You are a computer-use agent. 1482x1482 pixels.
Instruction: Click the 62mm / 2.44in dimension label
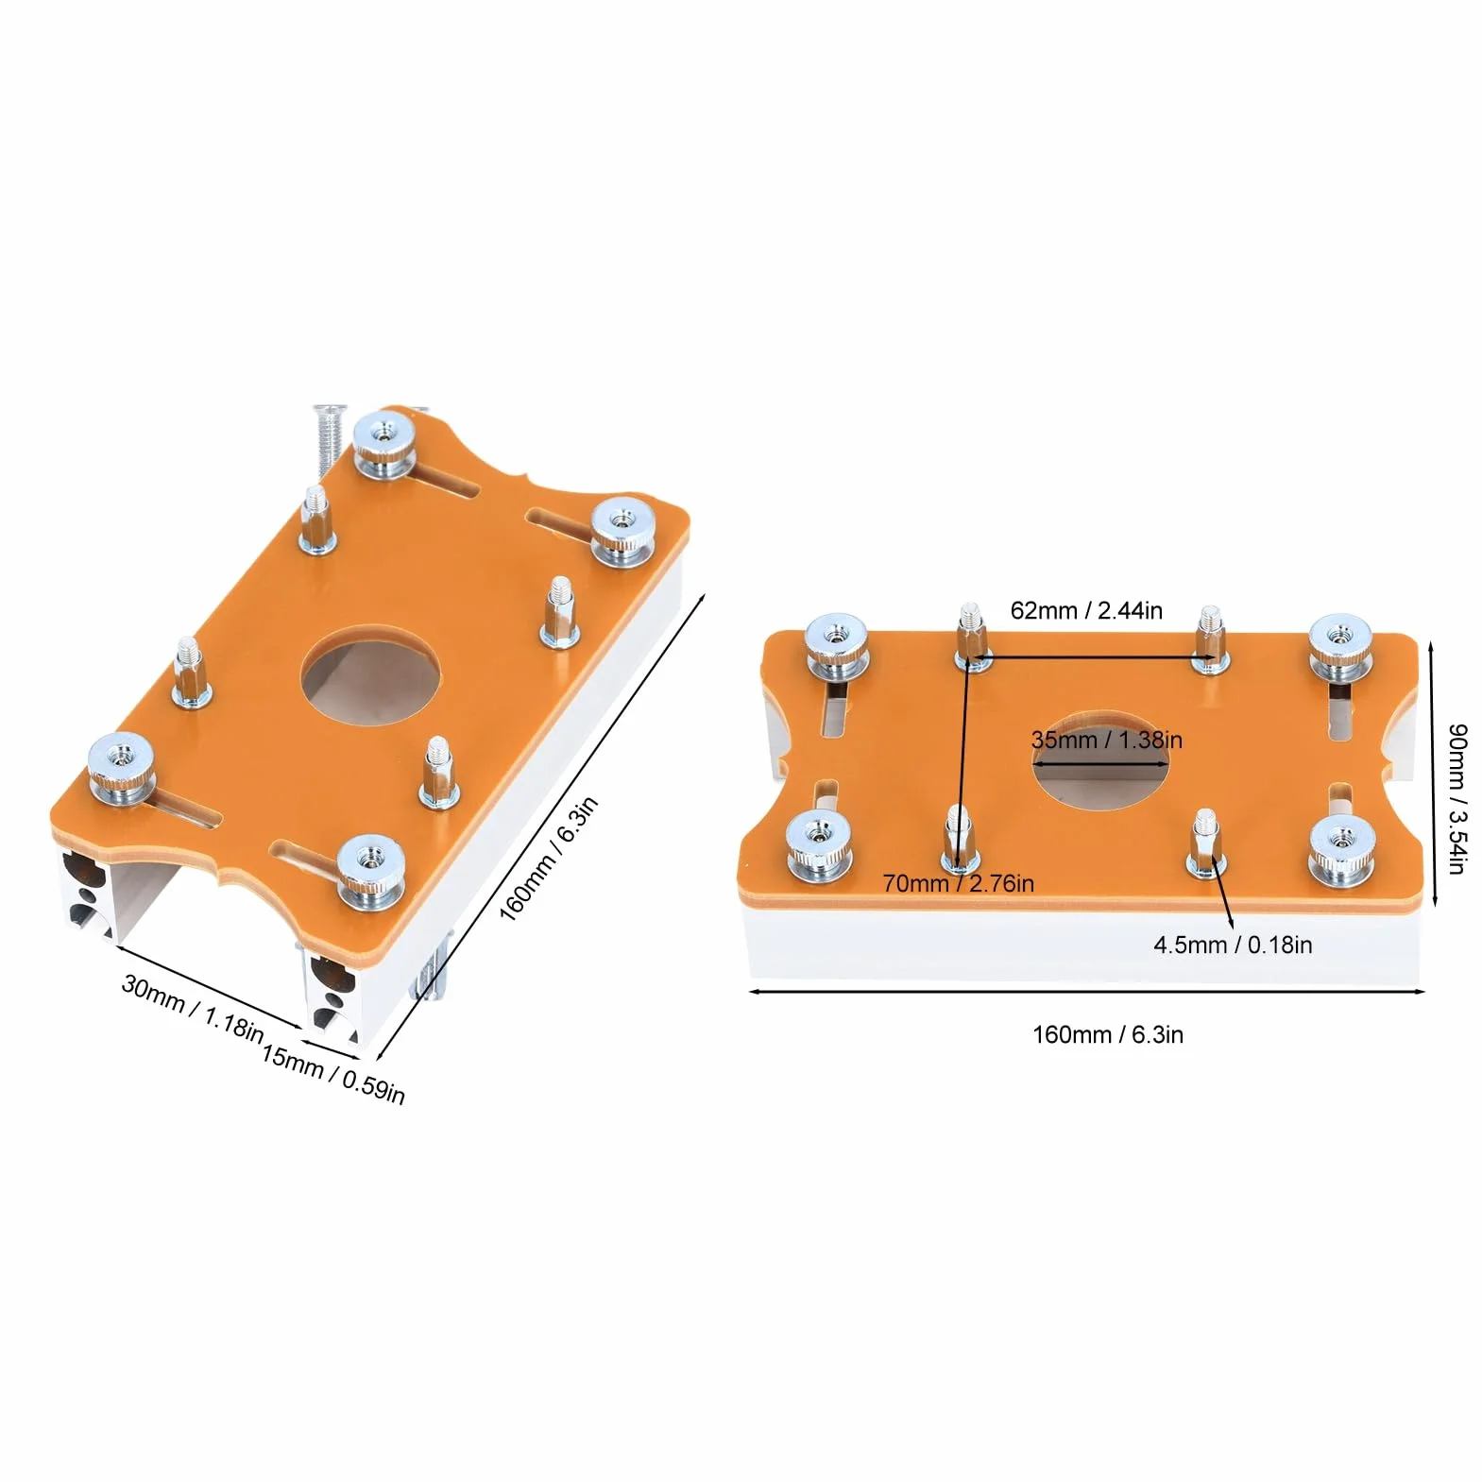tap(1086, 610)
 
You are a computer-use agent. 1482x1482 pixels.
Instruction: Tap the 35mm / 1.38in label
tap(1106, 740)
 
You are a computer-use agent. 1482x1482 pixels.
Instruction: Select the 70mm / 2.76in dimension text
tap(958, 883)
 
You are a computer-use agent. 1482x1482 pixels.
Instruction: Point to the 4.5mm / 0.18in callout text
tap(1233, 945)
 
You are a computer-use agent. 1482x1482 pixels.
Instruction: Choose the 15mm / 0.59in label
tap(332, 1075)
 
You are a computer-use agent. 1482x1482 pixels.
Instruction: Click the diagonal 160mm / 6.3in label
tap(549, 860)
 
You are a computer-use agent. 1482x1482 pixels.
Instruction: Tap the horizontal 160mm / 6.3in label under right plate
tap(1107, 1034)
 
